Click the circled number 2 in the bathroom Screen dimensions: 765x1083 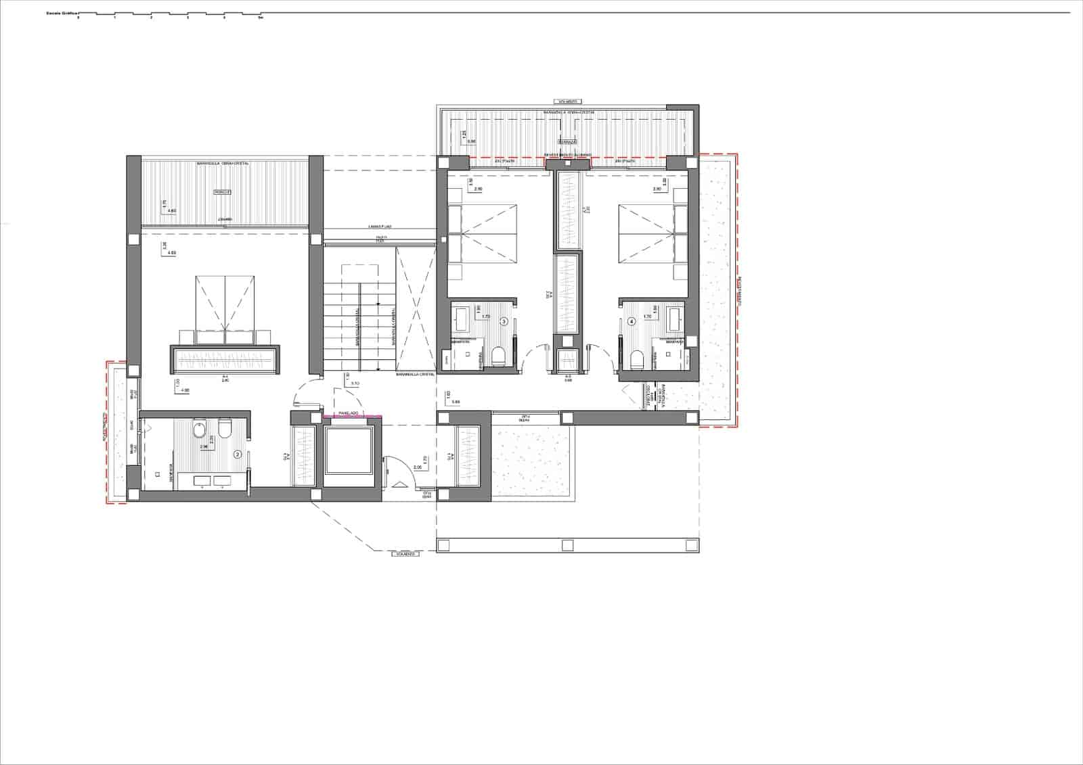[x=238, y=455]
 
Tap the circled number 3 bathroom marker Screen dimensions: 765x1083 [x=504, y=322]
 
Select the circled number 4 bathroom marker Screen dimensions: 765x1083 [x=632, y=322]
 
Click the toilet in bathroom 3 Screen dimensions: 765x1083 [x=500, y=356]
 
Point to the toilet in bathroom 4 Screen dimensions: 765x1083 [x=636, y=360]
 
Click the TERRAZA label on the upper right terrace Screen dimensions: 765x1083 [x=567, y=142]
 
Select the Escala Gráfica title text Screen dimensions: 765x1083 [x=61, y=13]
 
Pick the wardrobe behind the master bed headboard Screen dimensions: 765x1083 [x=225, y=360]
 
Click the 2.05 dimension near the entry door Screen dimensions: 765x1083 [x=417, y=467]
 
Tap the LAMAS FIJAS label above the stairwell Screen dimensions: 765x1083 [x=380, y=227]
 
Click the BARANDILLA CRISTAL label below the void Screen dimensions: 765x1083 [x=416, y=373]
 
